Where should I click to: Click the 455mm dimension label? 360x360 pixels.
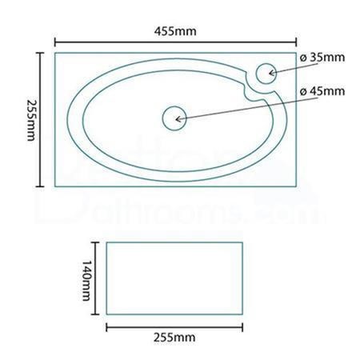[175, 31]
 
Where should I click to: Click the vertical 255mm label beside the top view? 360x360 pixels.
[31, 120]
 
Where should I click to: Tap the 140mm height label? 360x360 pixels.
[86, 280]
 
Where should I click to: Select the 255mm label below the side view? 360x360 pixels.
[174, 338]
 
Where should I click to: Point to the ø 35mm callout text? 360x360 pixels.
[322, 58]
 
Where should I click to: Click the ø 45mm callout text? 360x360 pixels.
[322, 91]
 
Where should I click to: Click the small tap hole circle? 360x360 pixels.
[266, 74]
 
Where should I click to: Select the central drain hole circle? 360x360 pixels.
[174, 118]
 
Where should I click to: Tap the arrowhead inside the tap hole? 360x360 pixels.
[272, 73]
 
